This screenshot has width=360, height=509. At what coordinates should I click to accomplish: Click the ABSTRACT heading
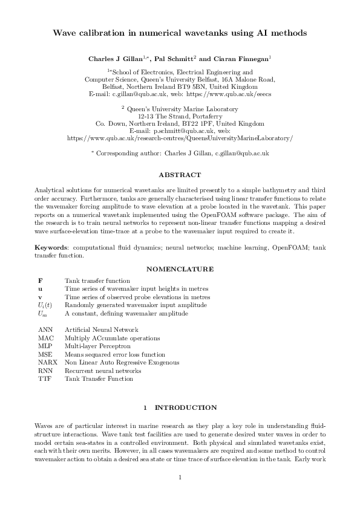pyautogui.click(x=180, y=175)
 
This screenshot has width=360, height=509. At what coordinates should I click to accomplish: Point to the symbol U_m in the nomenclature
pyautogui.click(x=42, y=314)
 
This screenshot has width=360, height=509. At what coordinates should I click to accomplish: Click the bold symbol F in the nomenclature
pyautogui.click(x=40, y=280)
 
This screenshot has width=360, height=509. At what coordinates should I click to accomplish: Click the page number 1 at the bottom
pyautogui.click(x=180, y=479)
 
